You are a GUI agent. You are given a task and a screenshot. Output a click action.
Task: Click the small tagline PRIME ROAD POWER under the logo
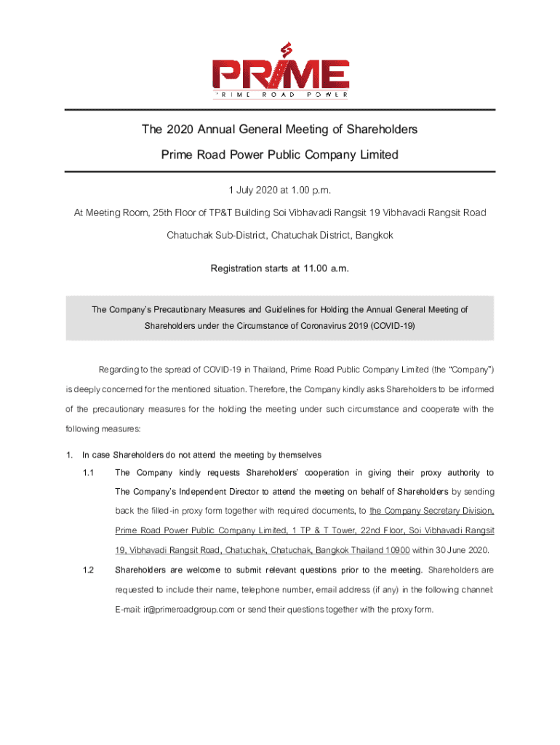tap(280, 95)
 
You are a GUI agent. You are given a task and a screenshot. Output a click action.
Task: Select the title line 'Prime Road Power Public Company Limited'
tap(280, 154)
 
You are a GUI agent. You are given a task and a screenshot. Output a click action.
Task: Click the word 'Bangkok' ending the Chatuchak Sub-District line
tap(375, 236)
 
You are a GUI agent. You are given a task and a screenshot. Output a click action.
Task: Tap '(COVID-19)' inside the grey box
tap(392, 325)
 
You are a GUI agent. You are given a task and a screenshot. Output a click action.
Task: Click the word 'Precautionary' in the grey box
tap(183, 309)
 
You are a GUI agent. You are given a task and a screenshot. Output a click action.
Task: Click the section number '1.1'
tap(89, 473)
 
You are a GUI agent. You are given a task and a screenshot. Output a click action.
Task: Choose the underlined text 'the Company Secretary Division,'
tap(432, 511)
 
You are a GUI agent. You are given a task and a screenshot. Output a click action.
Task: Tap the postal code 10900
tap(395, 549)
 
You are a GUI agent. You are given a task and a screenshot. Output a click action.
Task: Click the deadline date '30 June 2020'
tap(463, 549)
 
